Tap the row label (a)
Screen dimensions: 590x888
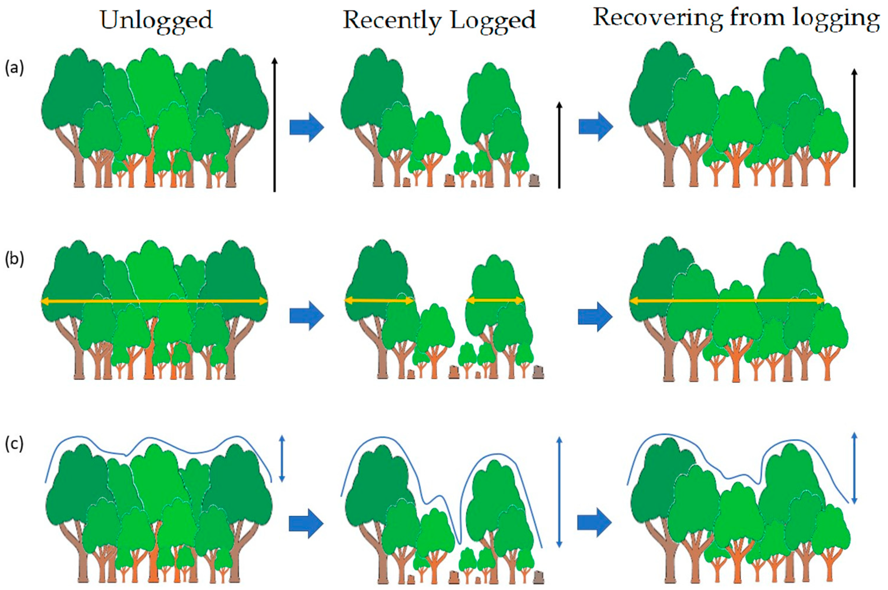click(14, 68)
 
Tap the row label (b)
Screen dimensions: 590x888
click(14, 260)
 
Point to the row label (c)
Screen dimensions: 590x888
click(14, 444)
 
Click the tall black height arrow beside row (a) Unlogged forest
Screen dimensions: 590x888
click(275, 124)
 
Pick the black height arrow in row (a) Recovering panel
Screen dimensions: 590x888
click(854, 128)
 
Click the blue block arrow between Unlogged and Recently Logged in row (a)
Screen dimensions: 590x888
click(307, 128)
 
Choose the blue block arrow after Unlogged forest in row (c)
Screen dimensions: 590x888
click(306, 523)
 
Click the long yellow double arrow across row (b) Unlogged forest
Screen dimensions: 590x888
click(154, 301)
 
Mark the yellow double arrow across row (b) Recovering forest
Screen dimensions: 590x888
click(726, 301)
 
